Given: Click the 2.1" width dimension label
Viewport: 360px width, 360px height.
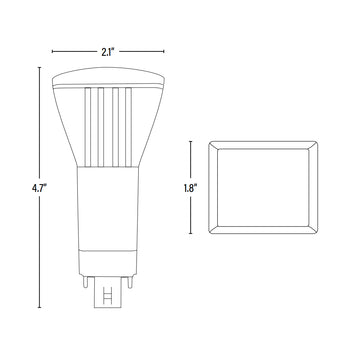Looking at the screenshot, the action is coord(108,52).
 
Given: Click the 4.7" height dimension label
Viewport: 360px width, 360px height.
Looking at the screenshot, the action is coord(39,188).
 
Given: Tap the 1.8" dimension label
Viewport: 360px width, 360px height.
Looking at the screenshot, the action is coord(189,188).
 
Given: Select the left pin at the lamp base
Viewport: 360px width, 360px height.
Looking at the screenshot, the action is coord(85,282).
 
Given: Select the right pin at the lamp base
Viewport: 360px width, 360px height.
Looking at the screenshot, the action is coord(130,282).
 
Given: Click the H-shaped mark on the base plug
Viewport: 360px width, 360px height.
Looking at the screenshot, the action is coord(107,295).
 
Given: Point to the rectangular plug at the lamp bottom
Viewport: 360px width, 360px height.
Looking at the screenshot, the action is coord(107,292).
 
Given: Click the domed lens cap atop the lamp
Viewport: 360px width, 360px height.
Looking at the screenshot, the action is coord(108,77).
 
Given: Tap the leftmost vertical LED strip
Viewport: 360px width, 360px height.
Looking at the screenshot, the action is coord(88,127).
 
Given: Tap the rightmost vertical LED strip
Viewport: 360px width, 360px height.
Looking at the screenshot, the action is coord(128,127).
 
